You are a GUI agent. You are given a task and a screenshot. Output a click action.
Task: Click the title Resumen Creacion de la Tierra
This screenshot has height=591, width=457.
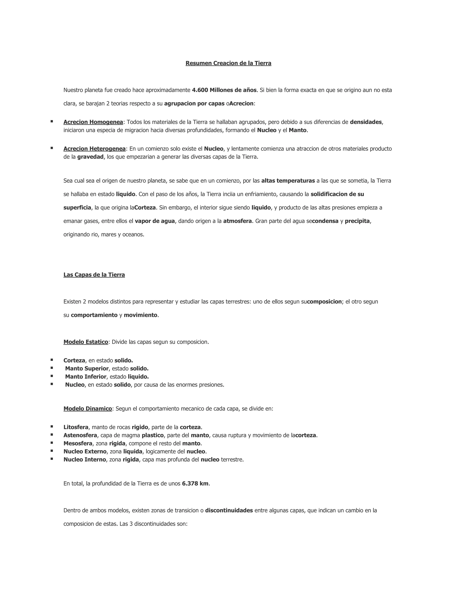[x=228, y=63]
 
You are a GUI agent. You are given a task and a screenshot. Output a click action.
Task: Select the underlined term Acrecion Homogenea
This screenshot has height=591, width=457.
[x=93, y=122]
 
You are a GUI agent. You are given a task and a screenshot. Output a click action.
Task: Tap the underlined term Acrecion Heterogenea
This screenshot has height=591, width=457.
[x=94, y=149]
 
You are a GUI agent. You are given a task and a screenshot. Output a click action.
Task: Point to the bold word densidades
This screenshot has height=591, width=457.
[x=366, y=122]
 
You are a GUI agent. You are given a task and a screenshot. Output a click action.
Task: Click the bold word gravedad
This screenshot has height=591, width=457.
[x=90, y=157]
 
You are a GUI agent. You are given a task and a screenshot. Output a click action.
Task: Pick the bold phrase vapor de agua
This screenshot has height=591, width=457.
[x=155, y=221]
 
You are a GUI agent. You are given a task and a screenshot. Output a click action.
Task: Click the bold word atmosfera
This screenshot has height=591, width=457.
[x=237, y=221]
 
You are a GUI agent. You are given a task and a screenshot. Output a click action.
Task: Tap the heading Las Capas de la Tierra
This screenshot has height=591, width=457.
[x=94, y=275]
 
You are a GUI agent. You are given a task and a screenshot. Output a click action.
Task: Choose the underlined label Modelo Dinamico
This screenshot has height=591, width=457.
[x=88, y=408]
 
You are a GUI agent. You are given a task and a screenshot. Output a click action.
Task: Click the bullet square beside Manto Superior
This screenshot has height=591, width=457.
[x=52, y=368]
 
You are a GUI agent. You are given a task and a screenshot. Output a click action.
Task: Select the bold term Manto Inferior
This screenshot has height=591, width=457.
[x=85, y=376]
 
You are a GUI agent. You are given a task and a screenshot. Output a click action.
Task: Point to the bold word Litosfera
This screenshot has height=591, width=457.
[x=76, y=427]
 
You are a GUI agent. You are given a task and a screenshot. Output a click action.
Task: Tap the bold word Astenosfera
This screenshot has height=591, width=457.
[x=80, y=435]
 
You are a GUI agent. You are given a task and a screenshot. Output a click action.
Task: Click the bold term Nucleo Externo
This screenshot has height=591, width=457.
[x=85, y=451]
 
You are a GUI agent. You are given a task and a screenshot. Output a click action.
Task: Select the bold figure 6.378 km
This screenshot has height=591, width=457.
[x=195, y=483]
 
